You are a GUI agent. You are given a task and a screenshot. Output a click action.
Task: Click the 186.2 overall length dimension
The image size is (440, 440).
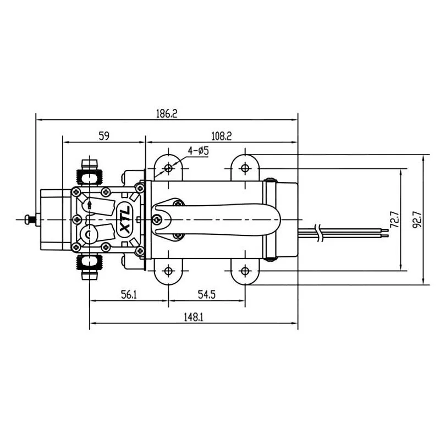[167, 114]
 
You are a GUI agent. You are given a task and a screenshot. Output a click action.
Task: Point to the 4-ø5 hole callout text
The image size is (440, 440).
[198, 150]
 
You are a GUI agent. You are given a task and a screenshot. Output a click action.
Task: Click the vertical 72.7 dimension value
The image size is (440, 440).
[393, 219]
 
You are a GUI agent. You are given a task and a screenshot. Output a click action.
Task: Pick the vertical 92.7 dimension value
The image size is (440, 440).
[417, 219]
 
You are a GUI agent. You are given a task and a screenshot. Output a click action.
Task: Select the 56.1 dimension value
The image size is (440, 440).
[128, 295]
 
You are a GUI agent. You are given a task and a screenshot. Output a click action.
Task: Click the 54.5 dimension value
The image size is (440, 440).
[206, 295]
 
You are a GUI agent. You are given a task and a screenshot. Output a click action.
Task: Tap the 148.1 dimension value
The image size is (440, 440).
[193, 317]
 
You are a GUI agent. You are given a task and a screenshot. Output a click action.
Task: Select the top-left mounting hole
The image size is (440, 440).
[168, 168]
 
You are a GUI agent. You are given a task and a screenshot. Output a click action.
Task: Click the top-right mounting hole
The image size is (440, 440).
[245, 168]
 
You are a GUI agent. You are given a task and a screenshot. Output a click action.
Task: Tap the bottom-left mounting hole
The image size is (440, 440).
[168, 271]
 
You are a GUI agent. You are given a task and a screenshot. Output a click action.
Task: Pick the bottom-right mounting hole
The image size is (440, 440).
[245, 271]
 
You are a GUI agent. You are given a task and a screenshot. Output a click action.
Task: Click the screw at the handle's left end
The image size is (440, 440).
[158, 219]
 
